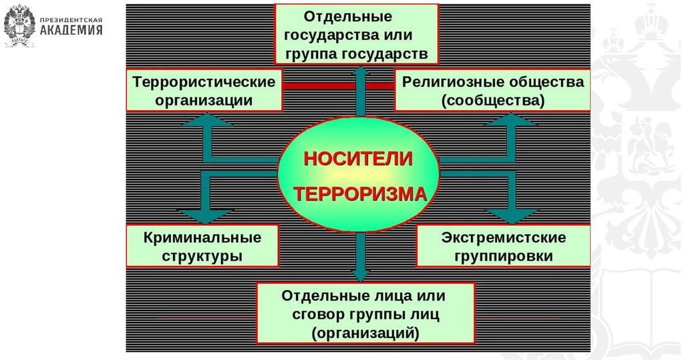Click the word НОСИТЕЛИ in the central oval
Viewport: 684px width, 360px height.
click(x=359, y=160)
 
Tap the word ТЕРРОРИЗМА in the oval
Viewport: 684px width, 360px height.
click(x=360, y=194)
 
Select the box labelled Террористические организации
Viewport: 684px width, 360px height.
click(x=204, y=91)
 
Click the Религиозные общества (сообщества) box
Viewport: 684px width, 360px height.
click(x=492, y=91)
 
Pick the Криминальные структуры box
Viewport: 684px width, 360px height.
click(x=202, y=246)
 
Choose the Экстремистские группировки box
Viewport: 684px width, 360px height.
click(x=503, y=246)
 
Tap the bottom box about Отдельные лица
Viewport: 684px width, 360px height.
click(x=365, y=313)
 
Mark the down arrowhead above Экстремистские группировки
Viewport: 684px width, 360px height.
click(x=511, y=215)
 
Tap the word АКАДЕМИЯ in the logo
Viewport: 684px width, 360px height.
click(x=71, y=30)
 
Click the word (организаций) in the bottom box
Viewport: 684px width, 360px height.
click(x=365, y=332)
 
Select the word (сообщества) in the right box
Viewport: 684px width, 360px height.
click(x=493, y=101)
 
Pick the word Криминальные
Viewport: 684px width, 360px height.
click(x=202, y=237)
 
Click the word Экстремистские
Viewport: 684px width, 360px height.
click(x=504, y=238)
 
